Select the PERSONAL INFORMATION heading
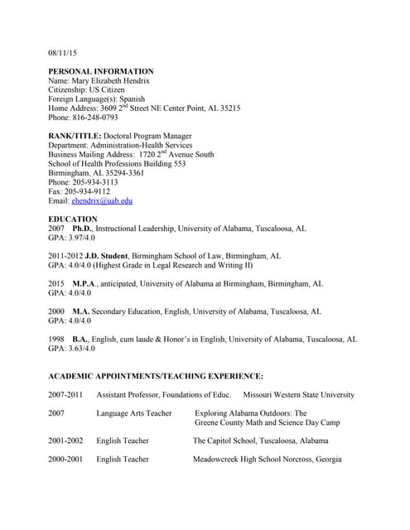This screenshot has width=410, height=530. point(101,71)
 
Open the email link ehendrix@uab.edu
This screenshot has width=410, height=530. point(102,200)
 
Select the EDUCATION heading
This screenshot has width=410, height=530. point(73,219)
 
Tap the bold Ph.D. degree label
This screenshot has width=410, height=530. point(82,228)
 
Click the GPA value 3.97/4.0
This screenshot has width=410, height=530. point(84,238)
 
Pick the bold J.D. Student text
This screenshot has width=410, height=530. point(107,256)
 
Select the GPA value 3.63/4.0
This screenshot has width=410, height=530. point(84,349)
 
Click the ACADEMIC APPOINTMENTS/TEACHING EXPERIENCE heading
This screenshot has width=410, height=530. point(156,376)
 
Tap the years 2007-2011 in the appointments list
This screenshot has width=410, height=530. point(65,395)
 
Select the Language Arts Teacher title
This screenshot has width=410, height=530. point(134,413)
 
